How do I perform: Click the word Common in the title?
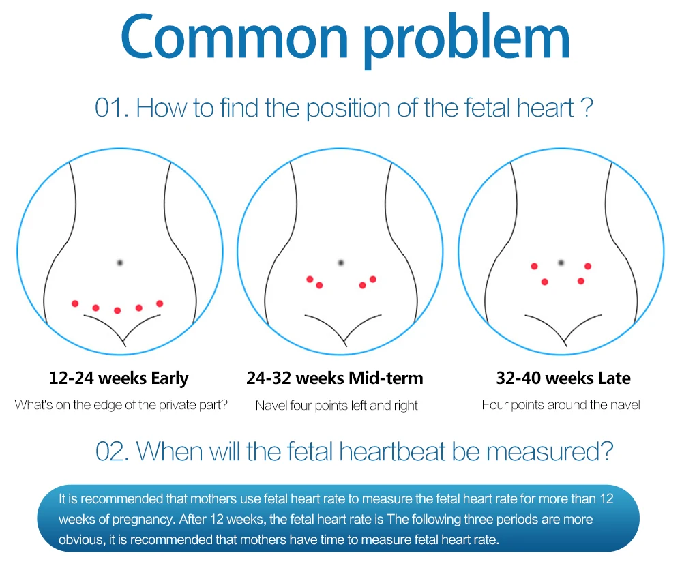(235, 38)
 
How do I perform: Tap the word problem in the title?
(466, 40)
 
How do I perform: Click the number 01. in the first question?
(112, 108)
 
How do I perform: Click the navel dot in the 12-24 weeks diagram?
(120, 263)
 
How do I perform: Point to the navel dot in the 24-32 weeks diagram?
(341, 263)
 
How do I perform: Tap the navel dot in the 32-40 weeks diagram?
(561, 263)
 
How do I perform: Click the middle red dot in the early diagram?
(117, 310)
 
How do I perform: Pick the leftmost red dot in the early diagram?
(75, 303)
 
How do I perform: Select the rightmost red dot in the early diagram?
(160, 303)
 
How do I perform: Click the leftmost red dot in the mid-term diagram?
(310, 280)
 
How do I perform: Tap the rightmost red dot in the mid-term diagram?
(373, 280)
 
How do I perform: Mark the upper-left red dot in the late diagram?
(535, 266)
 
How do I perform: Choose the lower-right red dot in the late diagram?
(580, 281)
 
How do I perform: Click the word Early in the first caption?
(170, 378)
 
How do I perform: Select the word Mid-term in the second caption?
(386, 378)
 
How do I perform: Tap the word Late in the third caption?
(614, 378)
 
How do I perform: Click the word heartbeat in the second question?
(392, 451)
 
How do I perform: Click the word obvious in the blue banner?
(81, 540)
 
